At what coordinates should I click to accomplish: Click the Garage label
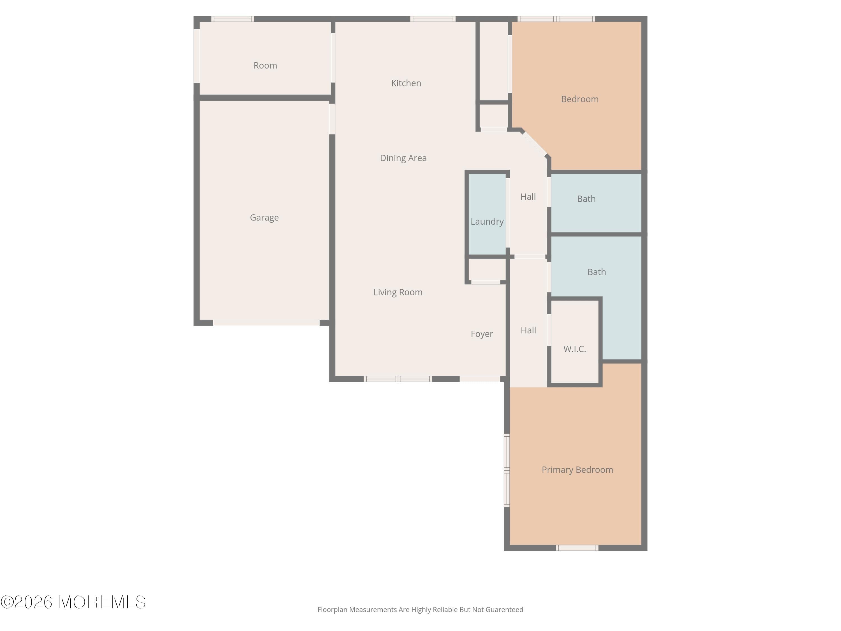pos(264,218)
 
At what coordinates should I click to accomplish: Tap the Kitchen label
pos(406,83)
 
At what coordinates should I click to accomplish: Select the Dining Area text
pos(403,158)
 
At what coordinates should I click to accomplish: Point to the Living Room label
pos(398,292)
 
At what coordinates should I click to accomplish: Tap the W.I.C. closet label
pos(574,349)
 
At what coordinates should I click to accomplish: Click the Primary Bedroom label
pos(577,470)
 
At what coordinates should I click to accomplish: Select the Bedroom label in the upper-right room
pos(579,99)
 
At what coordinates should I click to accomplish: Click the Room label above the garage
pos(265,65)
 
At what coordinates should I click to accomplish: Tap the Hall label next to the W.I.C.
pos(528,330)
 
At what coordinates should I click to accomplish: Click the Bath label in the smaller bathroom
pos(586,199)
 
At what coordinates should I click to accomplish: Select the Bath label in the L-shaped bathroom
pos(596,272)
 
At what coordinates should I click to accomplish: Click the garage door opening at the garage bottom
pos(266,323)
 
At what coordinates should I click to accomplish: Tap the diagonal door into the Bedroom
pos(535,143)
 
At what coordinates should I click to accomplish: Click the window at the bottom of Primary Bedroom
pos(577,548)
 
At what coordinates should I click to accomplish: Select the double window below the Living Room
pos(398,379)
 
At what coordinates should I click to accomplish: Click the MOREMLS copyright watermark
pos(73,602)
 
